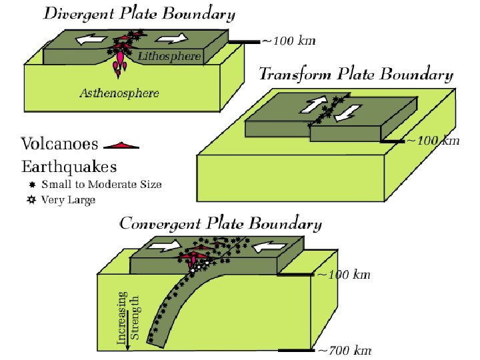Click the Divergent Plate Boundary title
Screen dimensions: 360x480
coord(139,13)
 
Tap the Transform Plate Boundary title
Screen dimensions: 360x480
coord(355,74)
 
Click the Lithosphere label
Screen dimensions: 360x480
coord(169,57)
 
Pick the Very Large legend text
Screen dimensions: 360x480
coord(68,199)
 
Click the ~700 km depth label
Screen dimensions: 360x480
coord(344,351)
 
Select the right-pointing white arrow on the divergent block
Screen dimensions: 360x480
coord(177,39)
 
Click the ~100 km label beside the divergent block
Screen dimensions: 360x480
coord(288,41)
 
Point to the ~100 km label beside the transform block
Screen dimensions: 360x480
coord(433,141)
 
